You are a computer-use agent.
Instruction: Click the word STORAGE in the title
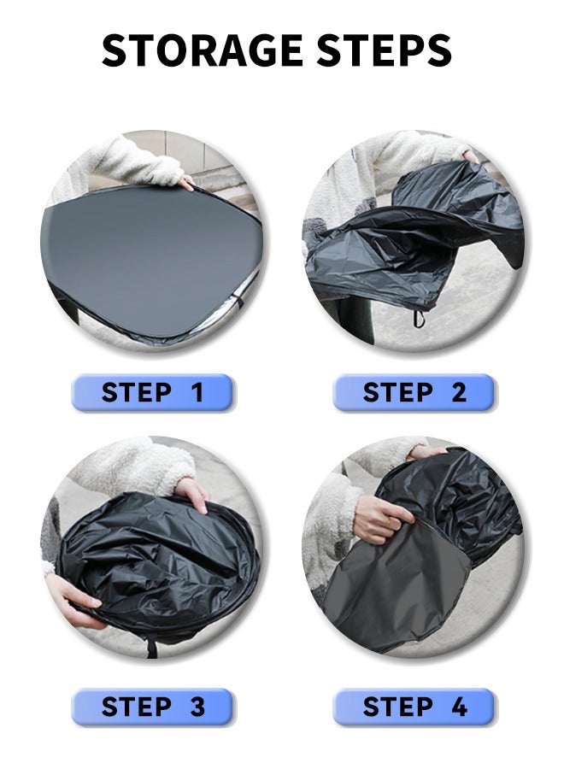pos(202,50)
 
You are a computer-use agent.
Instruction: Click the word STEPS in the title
pos(384,50)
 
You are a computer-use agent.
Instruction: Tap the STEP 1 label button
pos(152,392)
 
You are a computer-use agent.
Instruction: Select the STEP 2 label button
pos(414,392)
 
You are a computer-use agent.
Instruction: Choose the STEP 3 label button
pos(152,707)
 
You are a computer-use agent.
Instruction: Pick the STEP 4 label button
pos(414,707)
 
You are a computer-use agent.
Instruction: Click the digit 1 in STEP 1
pos(197,392)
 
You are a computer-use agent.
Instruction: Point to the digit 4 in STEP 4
pos(459,707)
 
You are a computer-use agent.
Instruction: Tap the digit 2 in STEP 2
pos(459,392)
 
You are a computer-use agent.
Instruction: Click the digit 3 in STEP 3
pos(197,707)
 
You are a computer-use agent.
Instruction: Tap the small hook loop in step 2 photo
pos(417,319)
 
